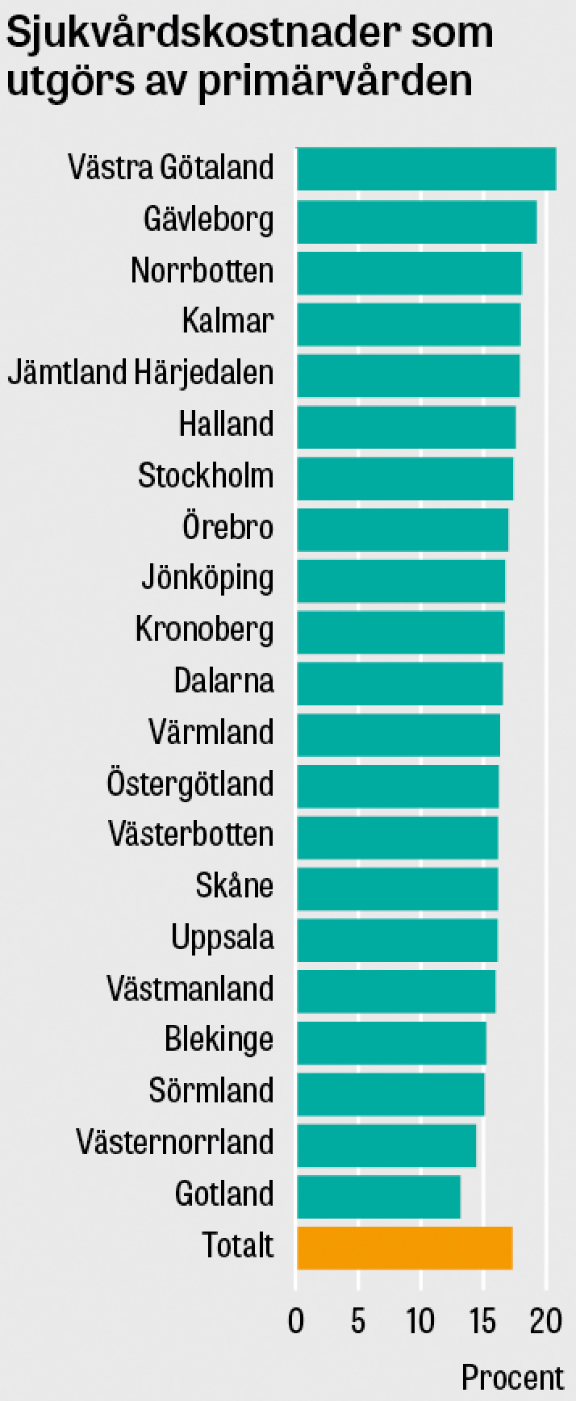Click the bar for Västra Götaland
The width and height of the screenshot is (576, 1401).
[x=426, y=169]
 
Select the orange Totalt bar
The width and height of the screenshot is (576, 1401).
[x=404, y=1248]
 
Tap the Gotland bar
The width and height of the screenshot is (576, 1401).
[x=378, y=1196]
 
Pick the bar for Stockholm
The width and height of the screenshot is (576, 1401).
[x=405, y=479]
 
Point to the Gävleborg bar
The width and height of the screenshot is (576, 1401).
[x=416, y=221]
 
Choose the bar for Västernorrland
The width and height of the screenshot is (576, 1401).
[x=386, y=1144]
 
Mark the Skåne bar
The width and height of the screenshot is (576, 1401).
[x=397, y=889]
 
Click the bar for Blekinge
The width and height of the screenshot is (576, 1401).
[x=391, y=1043]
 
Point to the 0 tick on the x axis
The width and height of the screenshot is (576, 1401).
[x=296, y=1321]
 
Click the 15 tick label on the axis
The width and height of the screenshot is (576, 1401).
[x=482, y=1321]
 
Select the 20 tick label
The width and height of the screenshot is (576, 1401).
[x=545, y=1321]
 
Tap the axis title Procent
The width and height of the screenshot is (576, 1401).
[x=512, y=1377]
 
